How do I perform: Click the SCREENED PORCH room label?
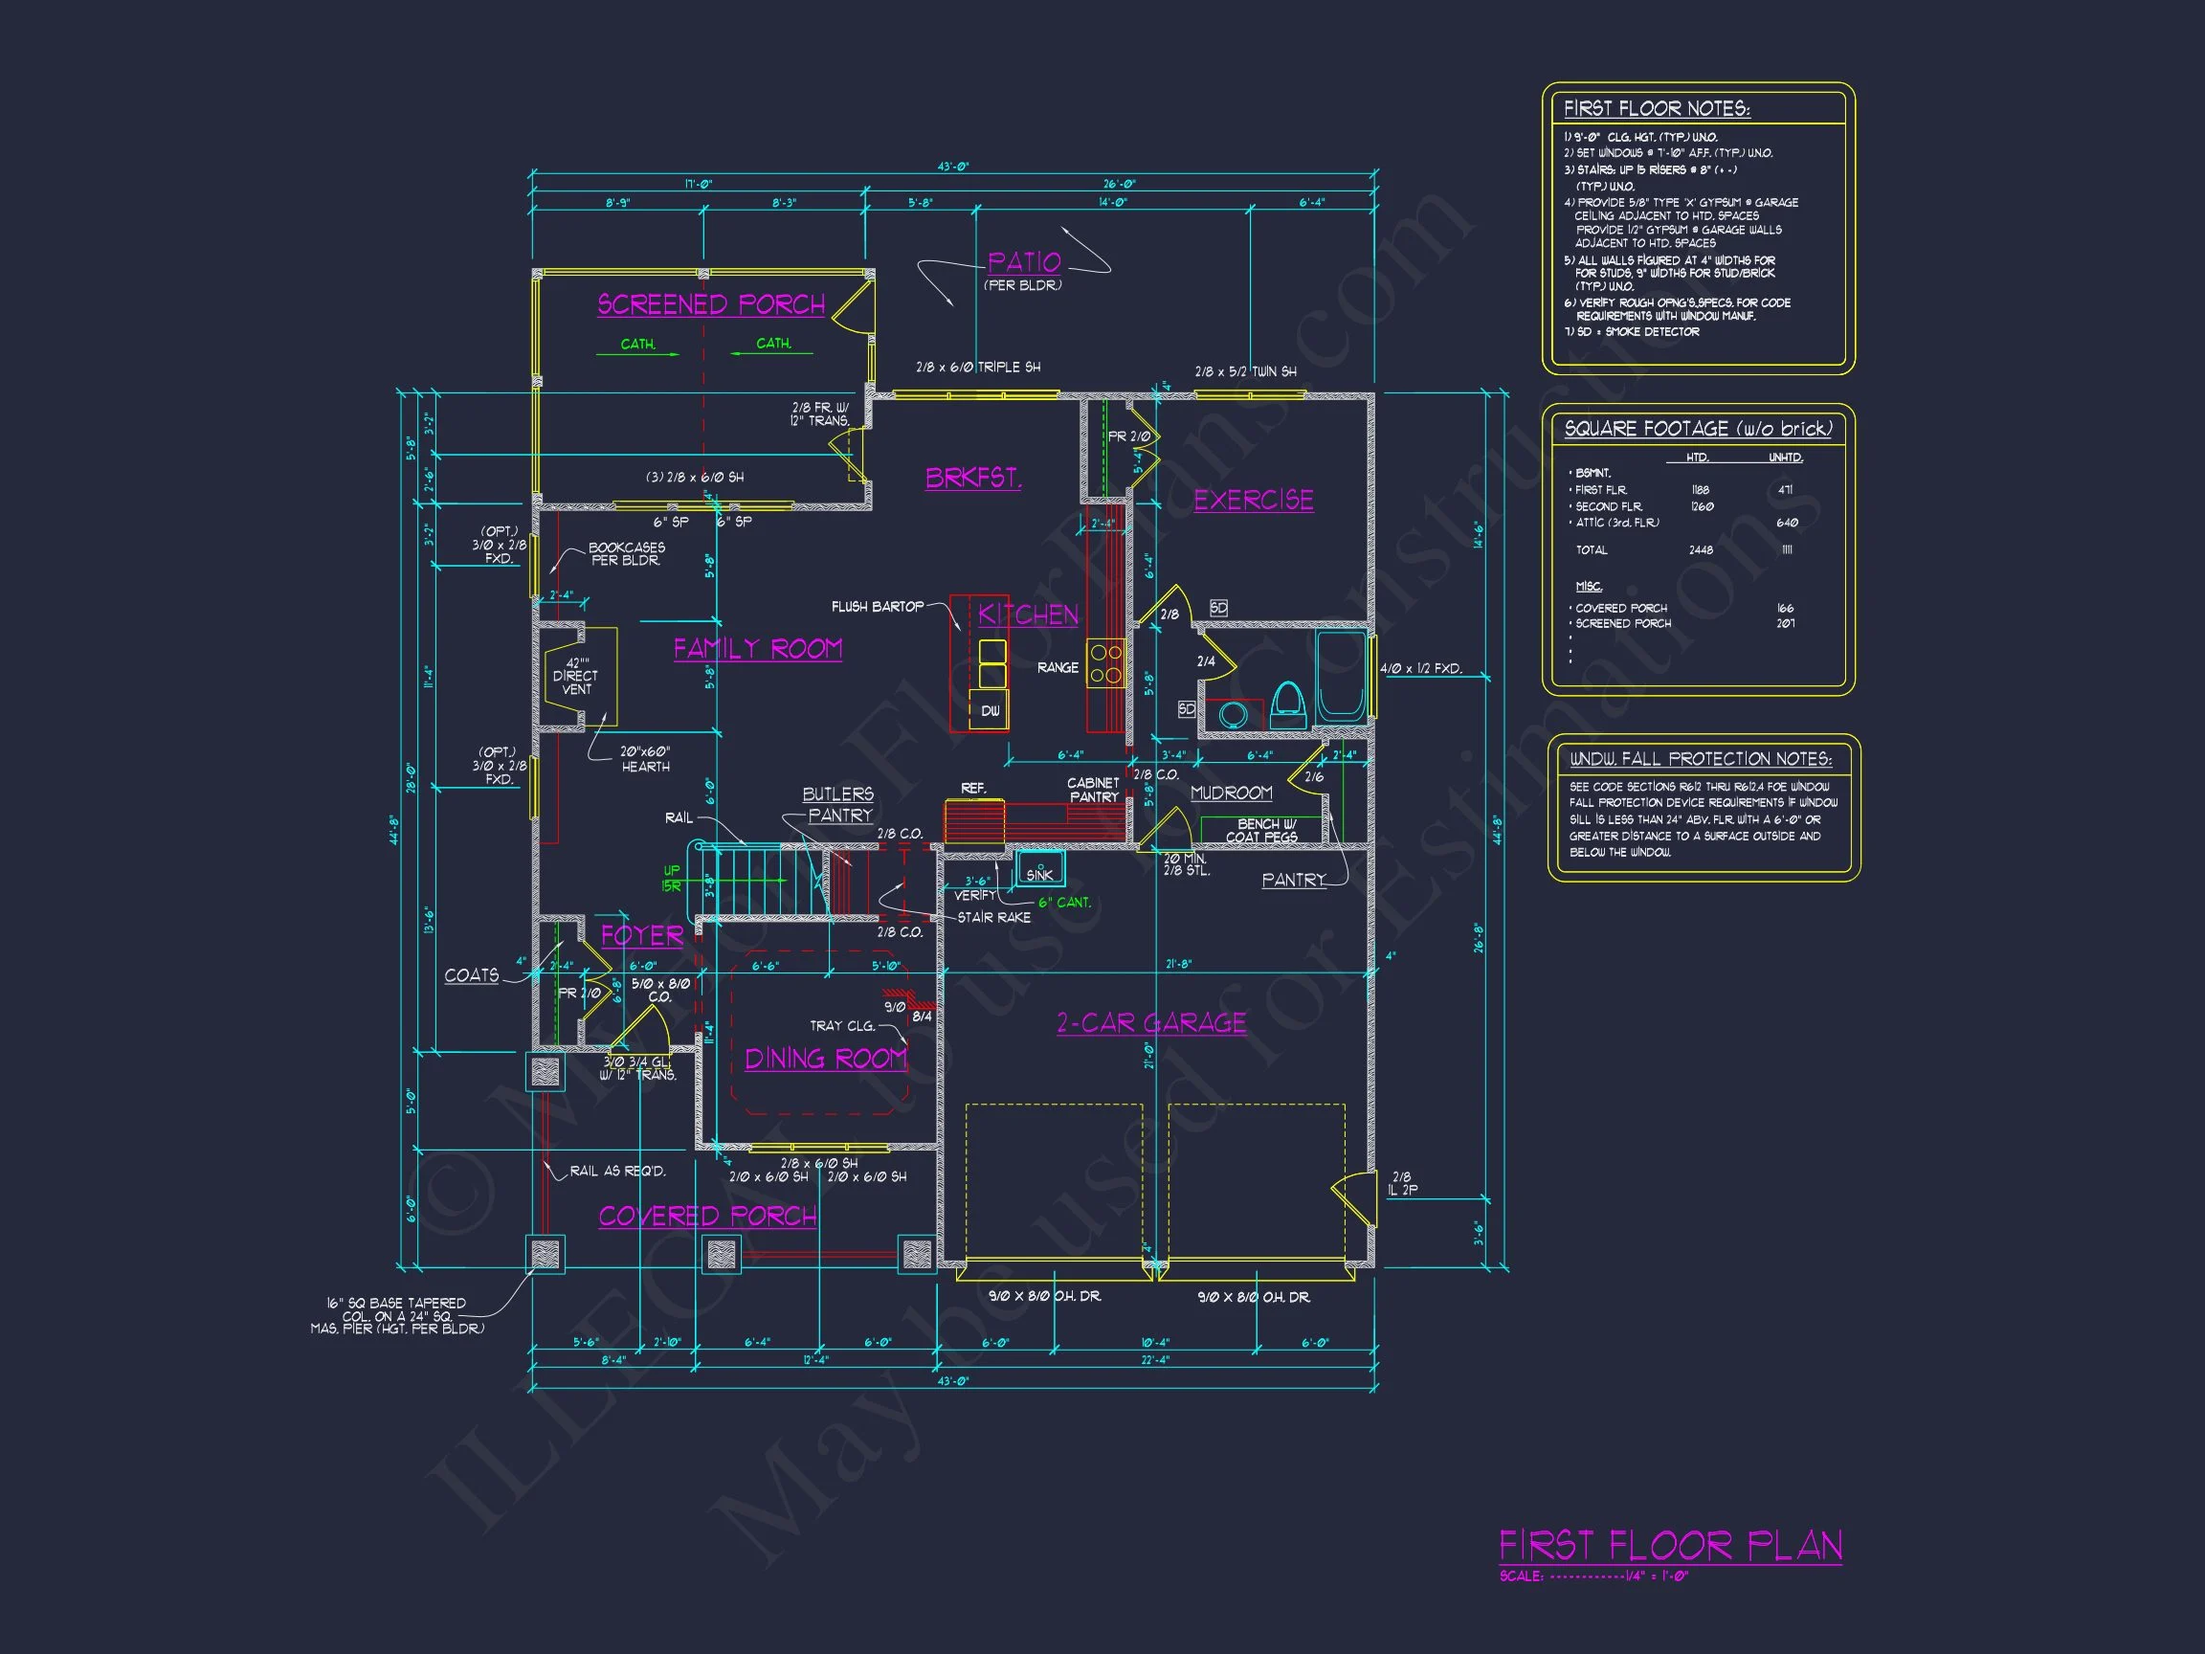point(711,304)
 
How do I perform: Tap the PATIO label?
point(1024,262)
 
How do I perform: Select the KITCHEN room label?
point(1028,615)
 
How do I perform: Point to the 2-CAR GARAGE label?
point(1151,1023)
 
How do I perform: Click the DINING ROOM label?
point(825,1058)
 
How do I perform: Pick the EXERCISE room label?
point(1253,500)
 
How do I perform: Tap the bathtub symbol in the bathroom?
point(1341,677)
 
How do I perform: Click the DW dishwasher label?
point(990,711)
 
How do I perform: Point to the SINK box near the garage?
point(1039,873)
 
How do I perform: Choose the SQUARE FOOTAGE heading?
point(1698,429)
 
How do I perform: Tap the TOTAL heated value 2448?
point(1701,550)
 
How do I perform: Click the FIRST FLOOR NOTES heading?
point(1657,109)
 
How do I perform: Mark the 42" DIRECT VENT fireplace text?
point(576,676)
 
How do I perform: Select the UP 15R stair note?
point(671,879)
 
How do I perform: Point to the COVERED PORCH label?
point(706,1216)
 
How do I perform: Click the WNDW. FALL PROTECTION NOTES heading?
point(1701,760)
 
